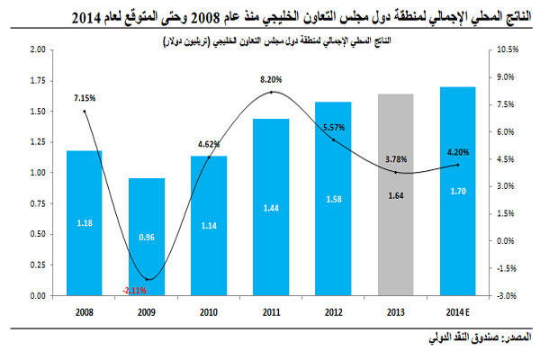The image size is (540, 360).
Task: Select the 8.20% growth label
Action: click(271, 80)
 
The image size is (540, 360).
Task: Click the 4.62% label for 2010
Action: click(209, 142)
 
